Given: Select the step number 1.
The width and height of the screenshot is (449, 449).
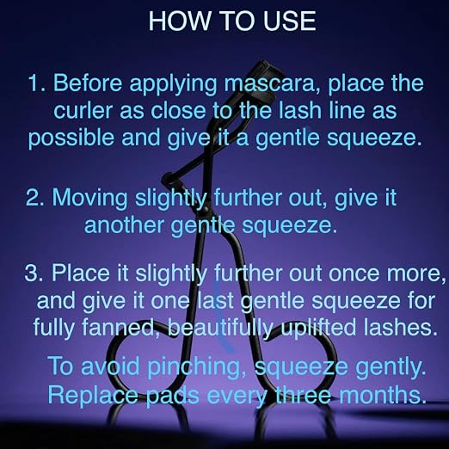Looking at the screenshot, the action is coord(37,83).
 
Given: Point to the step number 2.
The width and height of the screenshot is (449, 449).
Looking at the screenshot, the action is coord(35,198).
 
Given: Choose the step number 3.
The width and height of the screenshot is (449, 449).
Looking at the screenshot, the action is coord(34,273).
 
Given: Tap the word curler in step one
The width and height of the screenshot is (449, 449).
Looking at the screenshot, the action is coord(83,111).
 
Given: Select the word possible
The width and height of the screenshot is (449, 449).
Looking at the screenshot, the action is coord(71,138).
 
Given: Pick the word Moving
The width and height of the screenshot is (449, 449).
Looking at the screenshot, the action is coord(89,199).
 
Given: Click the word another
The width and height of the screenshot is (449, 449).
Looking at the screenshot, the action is coord(124,225).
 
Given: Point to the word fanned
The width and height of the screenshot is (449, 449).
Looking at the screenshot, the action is coord(119,327).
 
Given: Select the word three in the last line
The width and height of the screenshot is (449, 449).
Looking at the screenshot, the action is coord(304,395).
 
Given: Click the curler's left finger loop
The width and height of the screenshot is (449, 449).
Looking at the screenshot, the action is coord(114,359).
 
